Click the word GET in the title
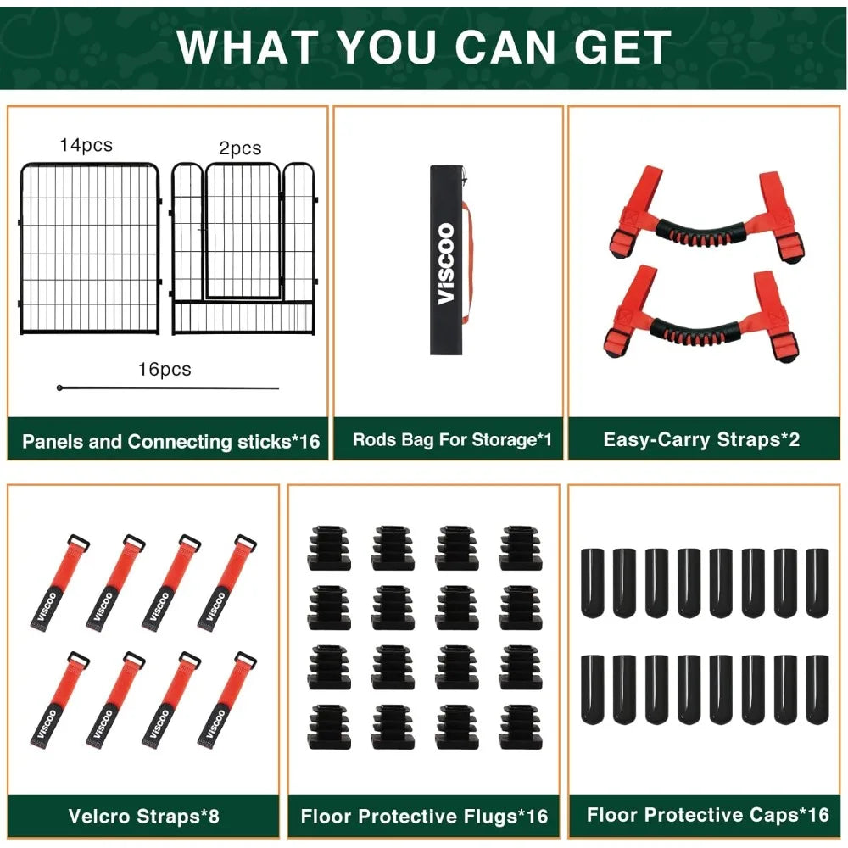[622, 47]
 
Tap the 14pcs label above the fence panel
[86, 145]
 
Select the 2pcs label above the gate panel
[240, 148]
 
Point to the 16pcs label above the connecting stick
[165, 369]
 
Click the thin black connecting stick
[168, 388]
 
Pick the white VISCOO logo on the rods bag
[446, 264]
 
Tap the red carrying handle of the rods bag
[467, 262]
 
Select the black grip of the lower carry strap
[695, 332]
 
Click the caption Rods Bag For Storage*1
[452, 439]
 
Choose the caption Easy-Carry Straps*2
[701, 439]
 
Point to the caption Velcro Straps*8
[144, 816]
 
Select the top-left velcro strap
[59, 583]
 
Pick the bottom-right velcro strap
[227, 700]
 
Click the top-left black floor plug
[329, 547]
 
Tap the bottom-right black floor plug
[521, 727]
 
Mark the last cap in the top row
[817, 583]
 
